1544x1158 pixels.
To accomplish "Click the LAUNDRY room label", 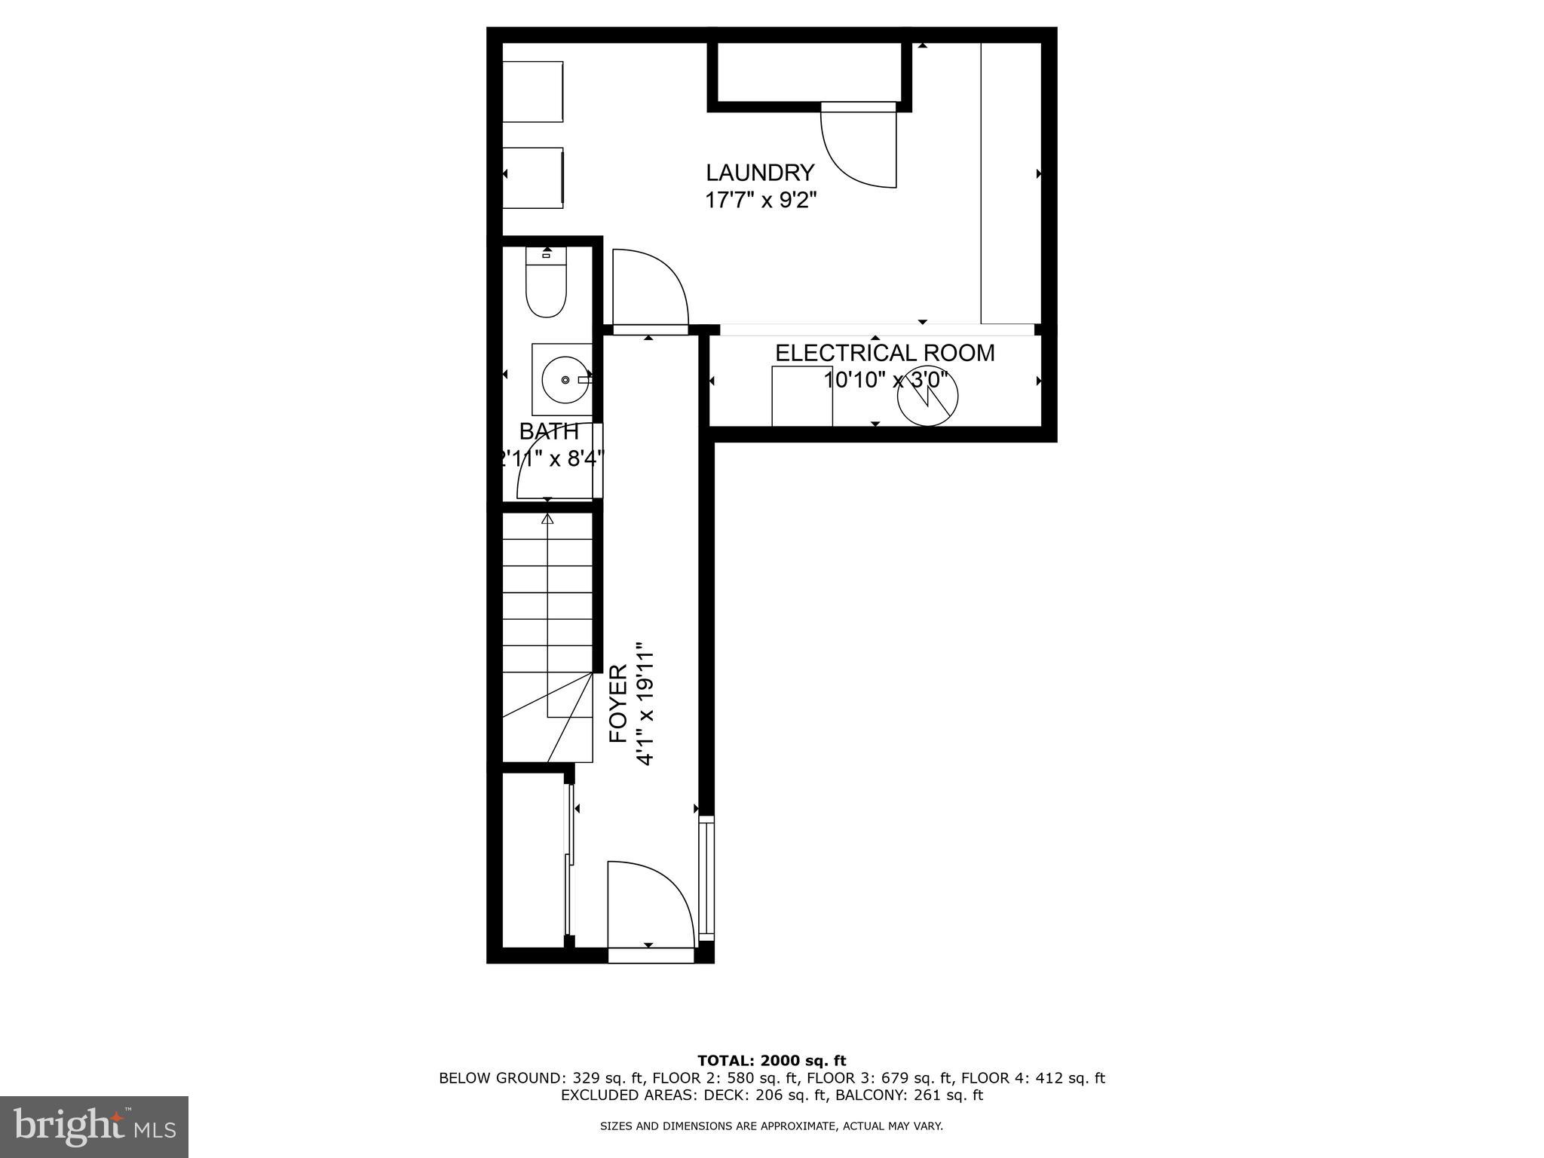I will coord(760,173).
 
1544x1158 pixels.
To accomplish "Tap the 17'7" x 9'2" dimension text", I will coord(760,201).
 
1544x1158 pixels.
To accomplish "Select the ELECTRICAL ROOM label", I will coord(884,353).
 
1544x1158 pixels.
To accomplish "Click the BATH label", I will coord(549,431).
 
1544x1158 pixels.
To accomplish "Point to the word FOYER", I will coord(618,703).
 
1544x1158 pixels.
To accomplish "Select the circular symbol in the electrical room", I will coord(927,397).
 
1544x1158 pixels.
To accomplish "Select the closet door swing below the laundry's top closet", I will coord(858,148).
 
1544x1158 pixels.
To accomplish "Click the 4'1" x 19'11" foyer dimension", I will coord(644,703).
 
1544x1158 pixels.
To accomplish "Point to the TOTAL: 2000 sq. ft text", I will coord(771,1061).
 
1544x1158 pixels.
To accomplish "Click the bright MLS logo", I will coord(93,1126).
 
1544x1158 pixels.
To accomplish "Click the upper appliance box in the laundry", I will coord(533,91).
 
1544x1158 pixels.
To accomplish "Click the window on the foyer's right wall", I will coord(706,878).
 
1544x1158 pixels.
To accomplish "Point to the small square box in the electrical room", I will coord(801,396).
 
